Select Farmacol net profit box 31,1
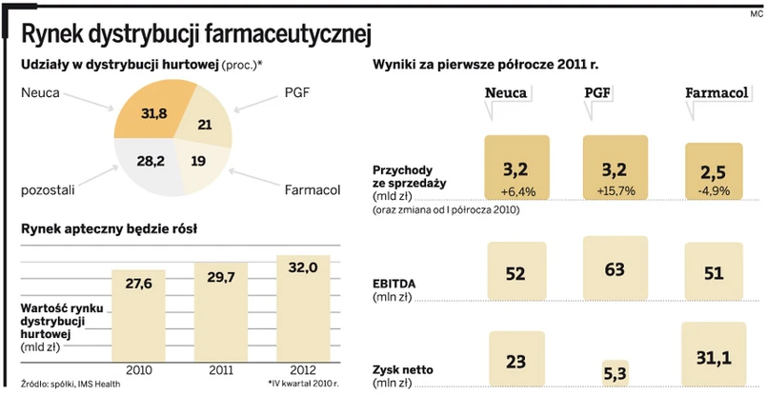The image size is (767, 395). (x=714, y=357)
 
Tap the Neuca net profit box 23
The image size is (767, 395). (x=516, y=362)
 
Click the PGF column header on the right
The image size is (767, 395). (x=598, y=92)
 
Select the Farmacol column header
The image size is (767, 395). (x=714, y=92)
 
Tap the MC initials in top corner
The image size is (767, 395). (x=756, y=13)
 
